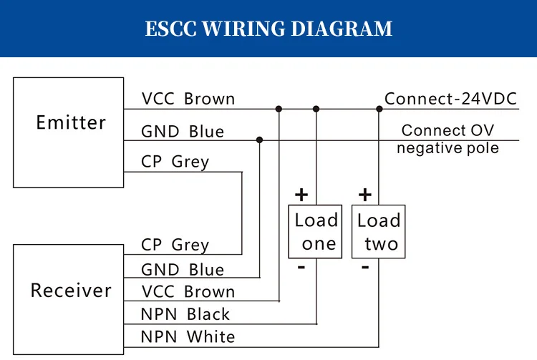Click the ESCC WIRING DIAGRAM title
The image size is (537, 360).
pyautogui.click(x=268, y=29)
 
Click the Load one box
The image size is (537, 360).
pyautogui.click(x=316, y=232)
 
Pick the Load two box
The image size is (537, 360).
pyautogui.click(x=379, y=232)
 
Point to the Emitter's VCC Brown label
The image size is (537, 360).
pyautogui.click(x=188, y=99)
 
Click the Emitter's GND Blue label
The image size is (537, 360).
pyautogui.click(x=182, y=132)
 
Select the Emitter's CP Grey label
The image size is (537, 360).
pyautogui.click(x=175, y=162)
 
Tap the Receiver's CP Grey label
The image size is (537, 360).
pyautogui.click(x=175, y=245)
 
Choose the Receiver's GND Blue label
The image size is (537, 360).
pyautogui.click(x=182, y=270)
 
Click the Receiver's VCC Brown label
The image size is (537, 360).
pyautogui.click(x=188, y=292)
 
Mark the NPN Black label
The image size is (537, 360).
pyautogui.click(x=185, y=314)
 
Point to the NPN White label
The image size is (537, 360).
pyautogui.click(x=187, y=336)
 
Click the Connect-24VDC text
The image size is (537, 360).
pyautogui.click(x=450, y=99)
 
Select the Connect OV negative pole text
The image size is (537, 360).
pyautogui.click(x=447, y=139)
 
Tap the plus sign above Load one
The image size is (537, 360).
pyautogui.click(x=301, y=195)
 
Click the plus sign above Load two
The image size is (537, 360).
pyautogui.click(x=364, y=195)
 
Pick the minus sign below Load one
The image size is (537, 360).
pyautogui.click(x=301, y=267)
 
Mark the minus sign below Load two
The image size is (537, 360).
pyautogui.click(x=365, y=267)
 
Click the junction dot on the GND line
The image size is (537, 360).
pyautogui.click(x=259, y=140)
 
